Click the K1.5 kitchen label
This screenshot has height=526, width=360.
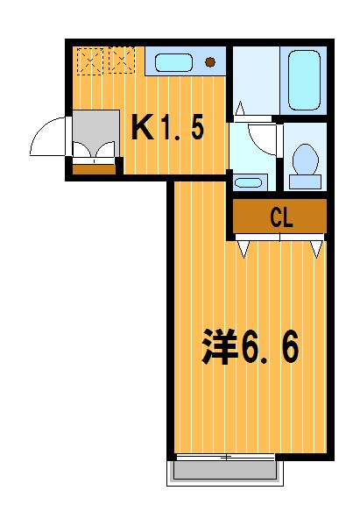167,127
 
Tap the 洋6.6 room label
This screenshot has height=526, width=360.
250,347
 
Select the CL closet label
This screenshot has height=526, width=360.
281,217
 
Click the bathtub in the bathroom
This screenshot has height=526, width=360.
304,80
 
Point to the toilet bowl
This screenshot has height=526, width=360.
305,159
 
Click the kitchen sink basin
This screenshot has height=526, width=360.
174,63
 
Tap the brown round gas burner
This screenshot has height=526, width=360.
210,62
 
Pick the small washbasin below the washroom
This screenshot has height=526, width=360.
249,183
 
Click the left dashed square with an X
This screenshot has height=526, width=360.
90,61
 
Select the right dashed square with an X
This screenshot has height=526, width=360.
122,60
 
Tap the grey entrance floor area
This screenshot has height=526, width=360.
96,133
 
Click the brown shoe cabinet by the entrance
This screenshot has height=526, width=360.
95,169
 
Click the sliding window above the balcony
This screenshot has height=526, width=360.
226,457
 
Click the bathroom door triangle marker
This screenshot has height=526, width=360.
240,109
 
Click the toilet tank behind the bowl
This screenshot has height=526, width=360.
305,181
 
